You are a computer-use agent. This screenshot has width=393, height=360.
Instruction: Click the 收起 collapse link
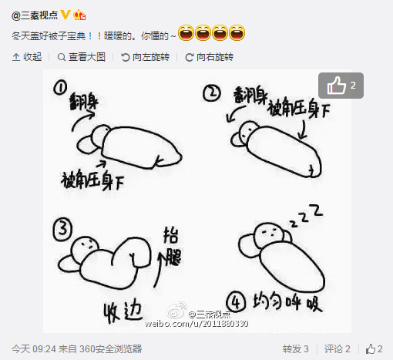pyautogui.click(x=28, y=56)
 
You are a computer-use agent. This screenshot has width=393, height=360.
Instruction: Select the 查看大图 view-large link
pyautogui.click(x=82, y=56)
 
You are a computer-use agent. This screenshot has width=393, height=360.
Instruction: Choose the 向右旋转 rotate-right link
pyautogui.click(x=210, y=56)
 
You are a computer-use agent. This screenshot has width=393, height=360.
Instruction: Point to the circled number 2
pyautogui.click(x=212, y=95)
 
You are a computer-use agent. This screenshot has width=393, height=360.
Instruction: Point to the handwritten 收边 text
pyautogui.click(x=123, y=310)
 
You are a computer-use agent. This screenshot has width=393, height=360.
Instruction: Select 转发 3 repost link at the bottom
pyautogui.click(x=295, y=348)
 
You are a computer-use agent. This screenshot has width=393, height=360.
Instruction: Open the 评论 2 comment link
pyautogui.click(x=337, y=348)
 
